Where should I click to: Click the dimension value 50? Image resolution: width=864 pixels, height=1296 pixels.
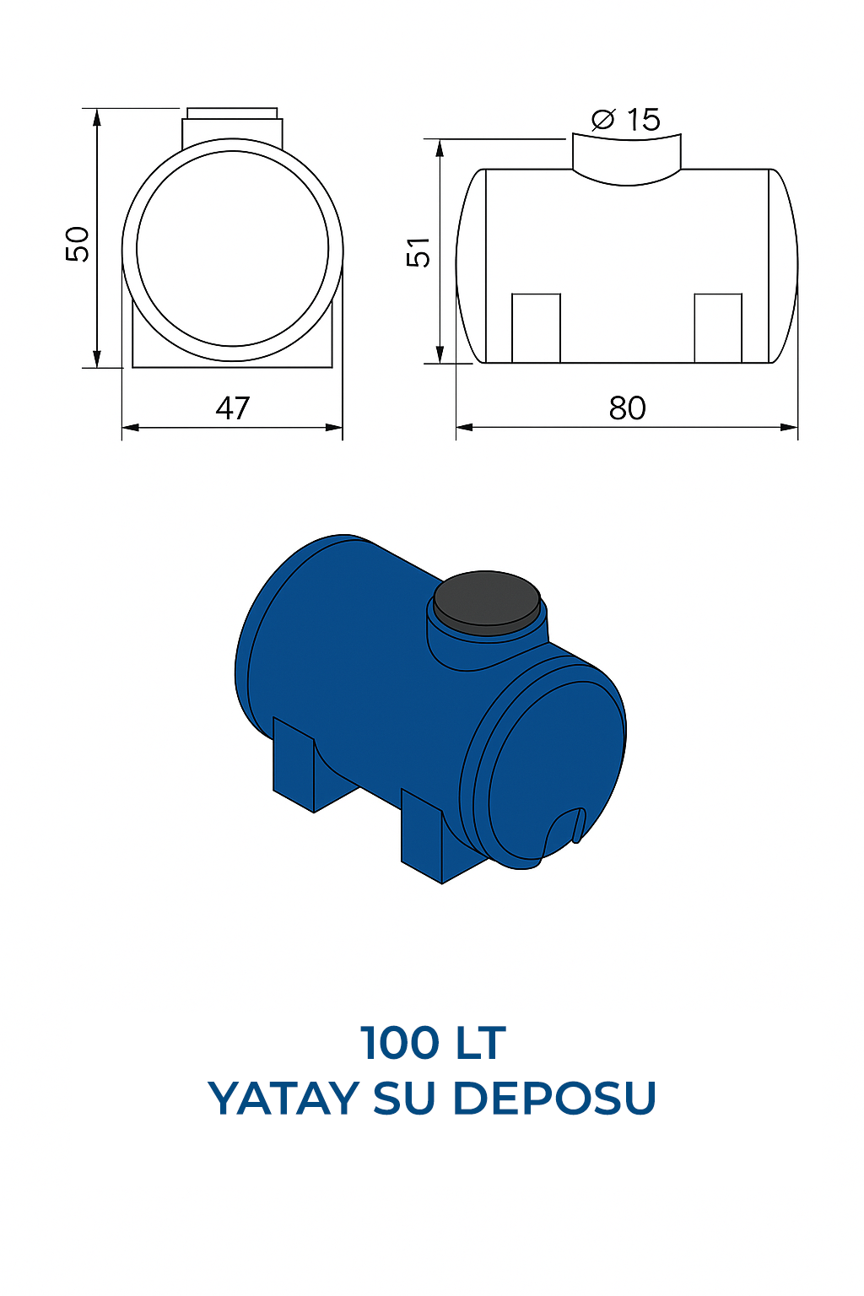78,245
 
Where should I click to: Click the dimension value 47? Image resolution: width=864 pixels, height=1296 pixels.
233,408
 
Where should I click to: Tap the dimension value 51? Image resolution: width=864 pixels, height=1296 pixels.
418,252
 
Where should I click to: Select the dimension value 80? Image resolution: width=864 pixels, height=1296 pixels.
627,408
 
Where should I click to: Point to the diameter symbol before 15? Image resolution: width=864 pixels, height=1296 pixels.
603,120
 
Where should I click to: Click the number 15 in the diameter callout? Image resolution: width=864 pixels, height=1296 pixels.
643,120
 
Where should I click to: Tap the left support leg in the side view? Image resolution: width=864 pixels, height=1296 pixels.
536,328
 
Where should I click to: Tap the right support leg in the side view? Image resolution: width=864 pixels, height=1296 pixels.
718,328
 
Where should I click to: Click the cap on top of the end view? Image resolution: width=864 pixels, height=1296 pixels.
232,127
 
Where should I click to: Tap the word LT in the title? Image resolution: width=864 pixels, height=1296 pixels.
481,1044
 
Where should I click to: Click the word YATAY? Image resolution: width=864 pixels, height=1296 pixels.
283,1099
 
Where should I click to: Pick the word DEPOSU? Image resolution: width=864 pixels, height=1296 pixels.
554,1099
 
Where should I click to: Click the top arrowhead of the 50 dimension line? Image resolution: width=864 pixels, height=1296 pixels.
98,117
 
